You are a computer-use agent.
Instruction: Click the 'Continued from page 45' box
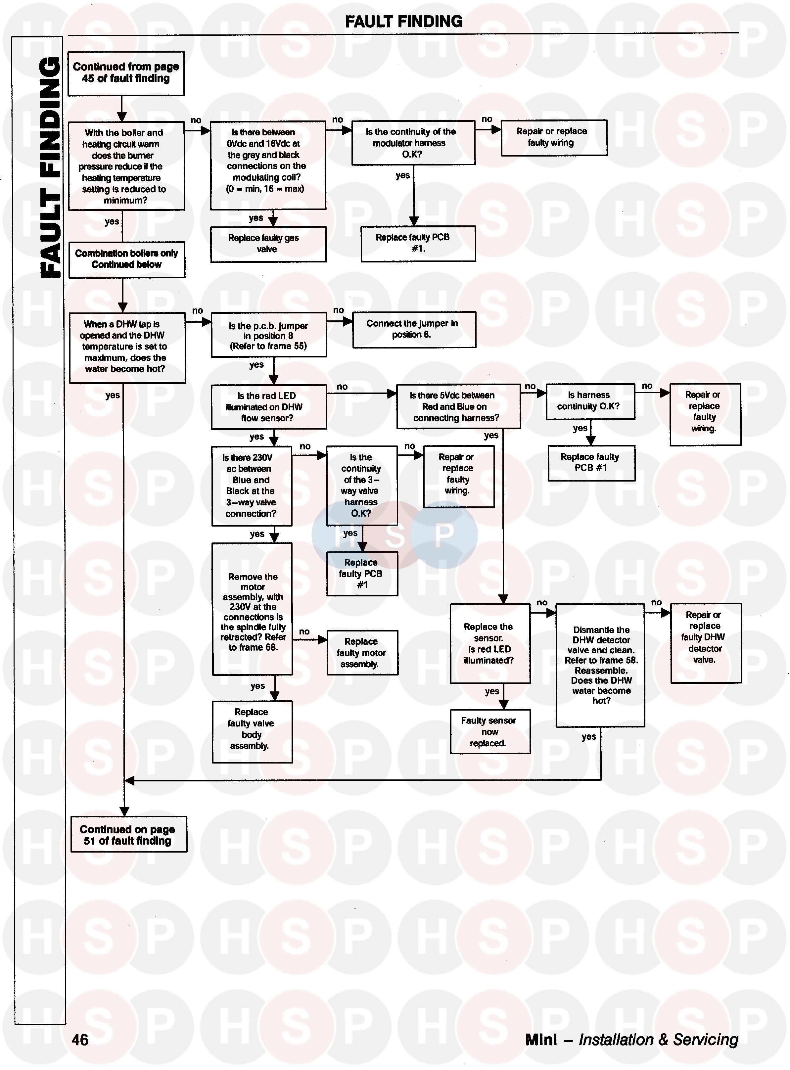126,73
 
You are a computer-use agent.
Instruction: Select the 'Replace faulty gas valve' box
268,244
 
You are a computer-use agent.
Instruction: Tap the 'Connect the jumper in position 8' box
414,329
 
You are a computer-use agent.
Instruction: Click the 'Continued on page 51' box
128,835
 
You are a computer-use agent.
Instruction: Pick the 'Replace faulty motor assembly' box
362,653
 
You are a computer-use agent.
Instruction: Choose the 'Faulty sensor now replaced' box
490,731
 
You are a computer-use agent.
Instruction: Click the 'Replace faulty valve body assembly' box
252,731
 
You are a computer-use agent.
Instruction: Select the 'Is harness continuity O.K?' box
590,401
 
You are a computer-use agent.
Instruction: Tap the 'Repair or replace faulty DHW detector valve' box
705,643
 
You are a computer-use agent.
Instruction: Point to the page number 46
80,1040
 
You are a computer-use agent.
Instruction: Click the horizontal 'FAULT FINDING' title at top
404,22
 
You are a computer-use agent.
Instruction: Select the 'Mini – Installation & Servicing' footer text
631,1040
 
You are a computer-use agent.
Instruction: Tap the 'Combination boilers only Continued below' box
127,259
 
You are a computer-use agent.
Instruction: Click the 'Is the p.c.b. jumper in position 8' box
269,335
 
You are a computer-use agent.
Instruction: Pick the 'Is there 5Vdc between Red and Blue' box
458,406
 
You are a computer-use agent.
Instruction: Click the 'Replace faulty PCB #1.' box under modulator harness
418,243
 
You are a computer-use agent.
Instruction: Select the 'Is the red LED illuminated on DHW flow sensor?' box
269,407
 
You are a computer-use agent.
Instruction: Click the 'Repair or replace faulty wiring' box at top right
554,138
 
